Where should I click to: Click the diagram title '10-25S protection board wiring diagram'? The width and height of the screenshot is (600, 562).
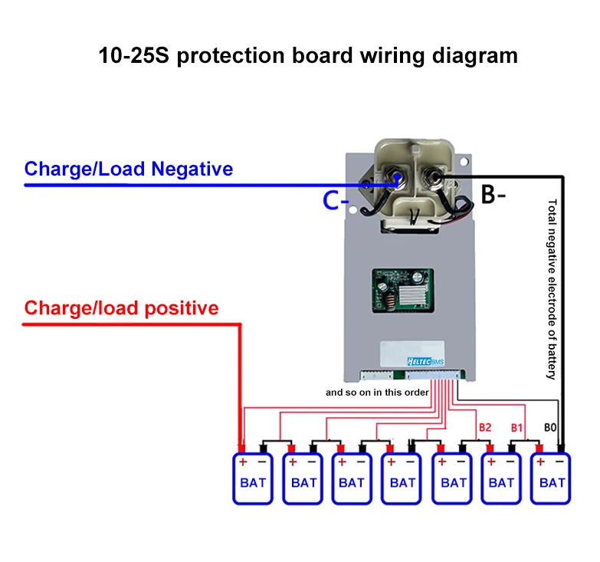pyautogui.click(x=308, y=56)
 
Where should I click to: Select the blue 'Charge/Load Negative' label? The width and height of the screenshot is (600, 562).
pyautogui.click(x=129, y=169)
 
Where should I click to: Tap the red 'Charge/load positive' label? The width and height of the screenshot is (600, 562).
pyautogui.click(x=121, y=308)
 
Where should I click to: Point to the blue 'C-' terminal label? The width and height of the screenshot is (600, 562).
pyautogui.click(x=336, y=202)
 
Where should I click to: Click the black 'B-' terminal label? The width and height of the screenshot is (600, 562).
pyautogui.click(x=493, y=195)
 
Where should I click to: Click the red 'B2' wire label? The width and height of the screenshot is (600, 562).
pyautogui.click(x=484, y=427)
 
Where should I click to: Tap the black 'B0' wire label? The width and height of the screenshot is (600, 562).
pyautogui.click(x=549, y=427)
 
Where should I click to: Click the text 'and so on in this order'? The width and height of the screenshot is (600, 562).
pyautogui.click(x=376, y=392)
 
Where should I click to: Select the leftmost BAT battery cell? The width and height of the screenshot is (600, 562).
pyautogui.click(x=253, y=478)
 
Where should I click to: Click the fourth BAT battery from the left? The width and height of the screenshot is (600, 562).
pyautogui.click(x=402, y=478)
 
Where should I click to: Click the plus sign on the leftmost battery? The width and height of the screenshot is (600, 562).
pyautogui.click(x=242, y=462)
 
